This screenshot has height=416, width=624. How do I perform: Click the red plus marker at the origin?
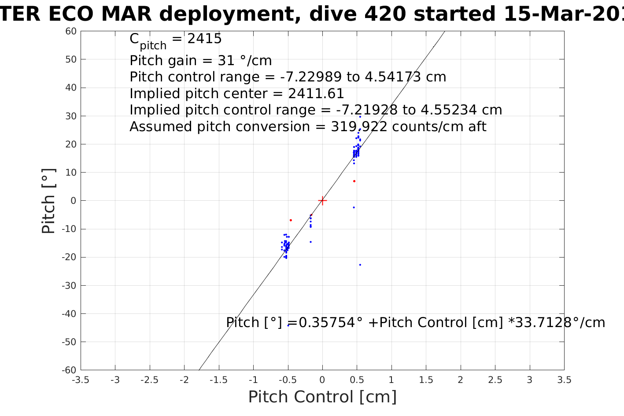322,201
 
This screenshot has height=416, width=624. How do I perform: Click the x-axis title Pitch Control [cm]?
322,397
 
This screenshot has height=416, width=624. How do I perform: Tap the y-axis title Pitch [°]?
48,201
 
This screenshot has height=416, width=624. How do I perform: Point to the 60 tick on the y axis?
71,31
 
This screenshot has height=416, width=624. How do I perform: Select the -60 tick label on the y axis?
69,370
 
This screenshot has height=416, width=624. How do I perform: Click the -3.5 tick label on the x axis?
80,380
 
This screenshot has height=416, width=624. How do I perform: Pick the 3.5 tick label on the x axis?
564,380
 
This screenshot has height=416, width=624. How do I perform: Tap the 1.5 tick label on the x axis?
426,380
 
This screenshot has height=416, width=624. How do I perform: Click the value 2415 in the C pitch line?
204,39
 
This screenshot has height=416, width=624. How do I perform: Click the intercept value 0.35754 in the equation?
327,323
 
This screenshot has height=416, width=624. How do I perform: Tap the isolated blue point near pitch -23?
360,265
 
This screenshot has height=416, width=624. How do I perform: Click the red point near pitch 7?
354,181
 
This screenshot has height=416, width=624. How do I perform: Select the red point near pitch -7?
291,220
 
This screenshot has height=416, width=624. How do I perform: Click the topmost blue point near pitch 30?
360,117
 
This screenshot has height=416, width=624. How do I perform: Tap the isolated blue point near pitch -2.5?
354,207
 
